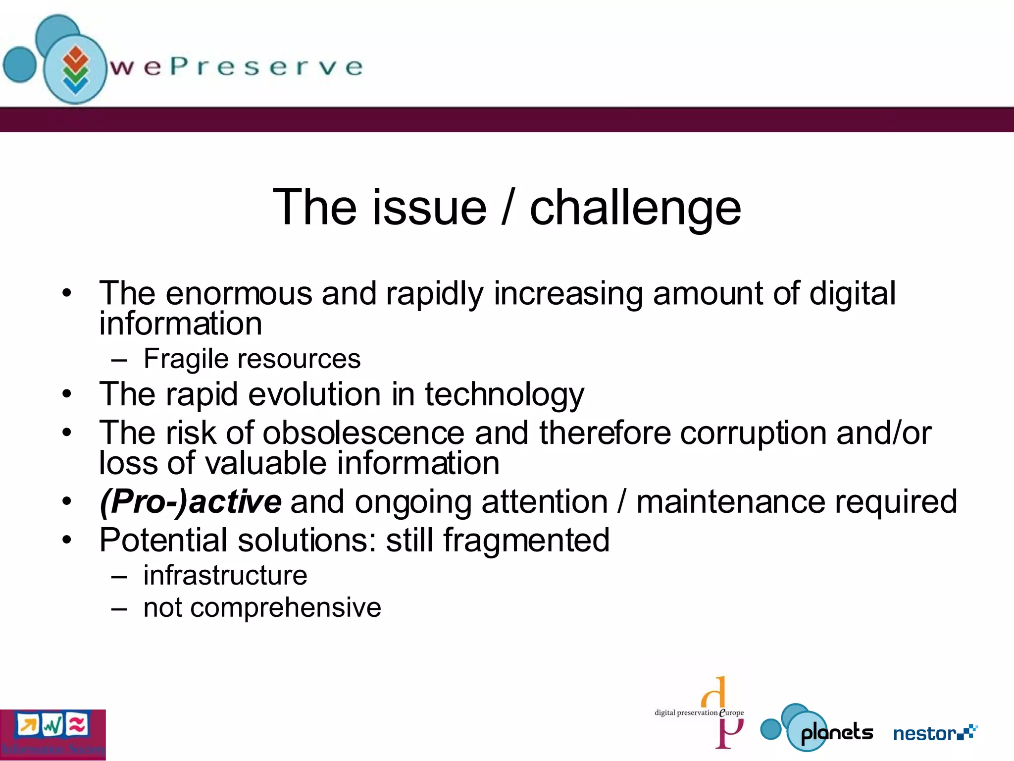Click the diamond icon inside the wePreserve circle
75,69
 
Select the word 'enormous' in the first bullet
239,294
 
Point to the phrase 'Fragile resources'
252,359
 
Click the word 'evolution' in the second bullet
314,395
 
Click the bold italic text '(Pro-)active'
191,502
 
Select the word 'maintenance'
731,502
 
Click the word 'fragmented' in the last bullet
526,541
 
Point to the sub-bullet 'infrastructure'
225,576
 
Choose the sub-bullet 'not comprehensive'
262,608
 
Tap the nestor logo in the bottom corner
935,733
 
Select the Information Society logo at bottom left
52,734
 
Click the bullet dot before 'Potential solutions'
67,540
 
